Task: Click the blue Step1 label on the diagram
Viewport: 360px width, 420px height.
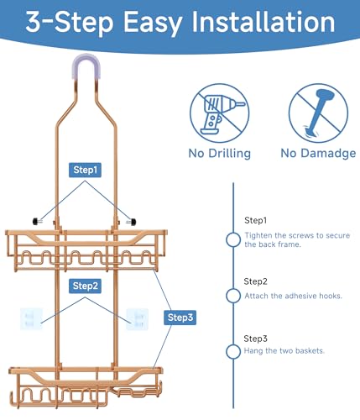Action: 85,170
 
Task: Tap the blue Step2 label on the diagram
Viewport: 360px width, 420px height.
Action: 85,286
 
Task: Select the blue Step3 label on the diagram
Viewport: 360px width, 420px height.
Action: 180,318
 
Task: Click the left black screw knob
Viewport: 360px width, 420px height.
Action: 37,222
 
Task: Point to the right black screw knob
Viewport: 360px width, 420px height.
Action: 132,223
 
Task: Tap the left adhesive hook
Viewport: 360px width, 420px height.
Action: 31,319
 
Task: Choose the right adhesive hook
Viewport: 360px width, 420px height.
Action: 137,319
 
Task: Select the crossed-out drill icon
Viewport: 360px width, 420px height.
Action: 220,113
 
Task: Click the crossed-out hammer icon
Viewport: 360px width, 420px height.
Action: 318,113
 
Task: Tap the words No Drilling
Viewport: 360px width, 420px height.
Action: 220,154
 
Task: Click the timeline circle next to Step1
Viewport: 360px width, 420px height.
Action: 233,239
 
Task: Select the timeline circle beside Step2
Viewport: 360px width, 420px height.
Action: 233,296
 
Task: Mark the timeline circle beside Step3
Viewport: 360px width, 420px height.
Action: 233,351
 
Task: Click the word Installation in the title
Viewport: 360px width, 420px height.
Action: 263,22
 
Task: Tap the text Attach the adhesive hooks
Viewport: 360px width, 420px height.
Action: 293,296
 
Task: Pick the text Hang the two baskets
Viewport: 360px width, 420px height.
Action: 284,351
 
